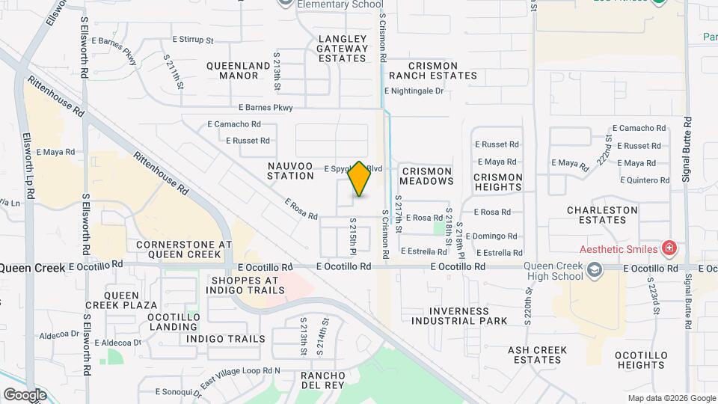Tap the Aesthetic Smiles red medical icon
[669, 248]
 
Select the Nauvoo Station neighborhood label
[290, 170]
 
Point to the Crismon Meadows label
[427, 176]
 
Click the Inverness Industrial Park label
[458, 316]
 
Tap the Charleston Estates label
[602, 215]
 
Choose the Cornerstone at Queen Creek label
[184, 249]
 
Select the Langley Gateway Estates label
[343, 49]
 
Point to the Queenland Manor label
[238, 70]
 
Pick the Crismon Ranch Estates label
[432, 70]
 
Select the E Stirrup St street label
[192, 40]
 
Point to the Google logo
[25, 394]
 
